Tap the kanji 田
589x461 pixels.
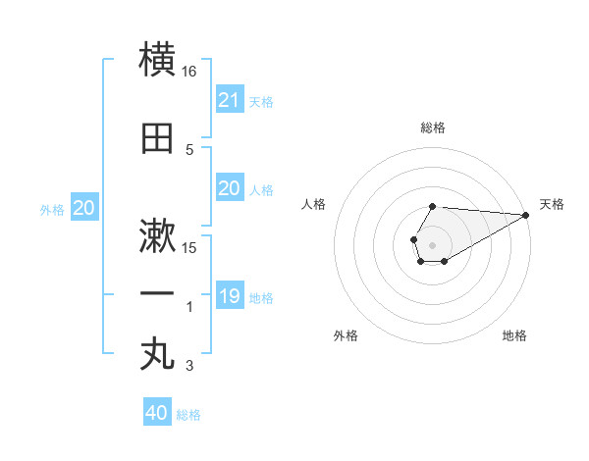[158, 137]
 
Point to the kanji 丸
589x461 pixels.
[158, 354]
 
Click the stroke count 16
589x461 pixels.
[189, 72]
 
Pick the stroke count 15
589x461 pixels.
[189, 247]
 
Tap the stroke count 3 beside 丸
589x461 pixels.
[189, 367]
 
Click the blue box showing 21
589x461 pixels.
[229, 100]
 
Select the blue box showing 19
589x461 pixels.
[229, 296]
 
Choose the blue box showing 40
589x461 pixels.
[157, 413]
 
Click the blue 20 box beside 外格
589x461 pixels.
[84, 208]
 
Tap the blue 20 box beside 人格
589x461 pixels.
[229, 188]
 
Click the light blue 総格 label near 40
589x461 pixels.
[188, 415]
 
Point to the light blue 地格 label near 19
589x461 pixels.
[261, 298]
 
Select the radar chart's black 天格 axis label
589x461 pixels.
[552, 204]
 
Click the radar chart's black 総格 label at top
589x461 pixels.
[432, 128]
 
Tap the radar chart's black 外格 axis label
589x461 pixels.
[346, 335]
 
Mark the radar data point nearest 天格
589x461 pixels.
[525, 215]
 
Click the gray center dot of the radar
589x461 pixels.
[432, 244]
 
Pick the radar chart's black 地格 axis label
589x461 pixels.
[514, 335]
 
